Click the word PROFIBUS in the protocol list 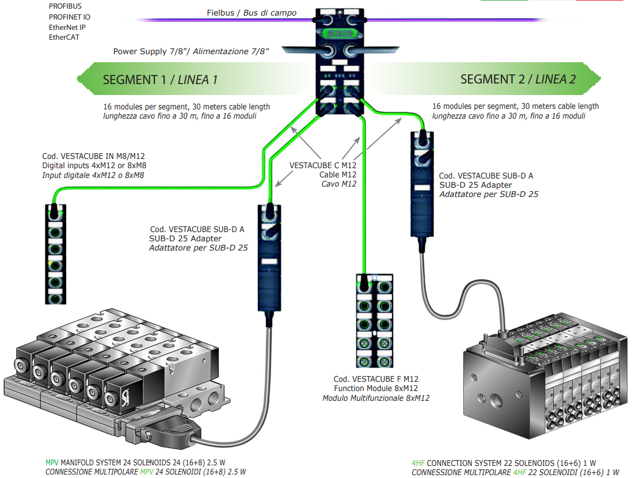point(65,6)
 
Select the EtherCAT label point(64,37)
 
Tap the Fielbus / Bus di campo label point(252,13)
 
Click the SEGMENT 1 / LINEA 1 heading point(160,79)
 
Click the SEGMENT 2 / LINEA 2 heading point(517,79)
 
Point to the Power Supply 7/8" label point(192,51)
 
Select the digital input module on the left point(55,253)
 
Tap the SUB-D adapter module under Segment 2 point(422,184)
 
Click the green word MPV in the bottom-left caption point(52,463)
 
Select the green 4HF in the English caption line point(418,463)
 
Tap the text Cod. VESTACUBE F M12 point(376,379)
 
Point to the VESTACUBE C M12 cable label point(322,165)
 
